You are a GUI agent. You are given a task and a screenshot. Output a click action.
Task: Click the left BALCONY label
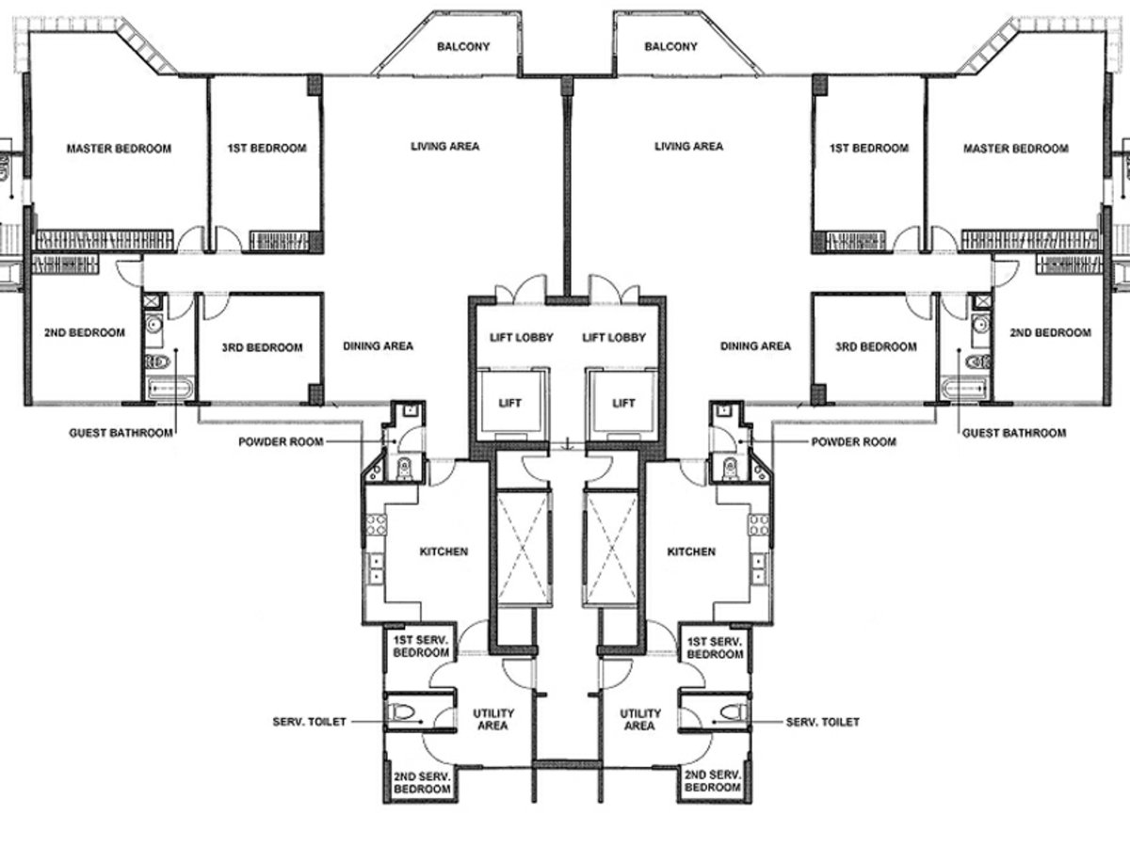[464, 47]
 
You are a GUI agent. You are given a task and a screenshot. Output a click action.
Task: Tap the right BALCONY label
[670, 47]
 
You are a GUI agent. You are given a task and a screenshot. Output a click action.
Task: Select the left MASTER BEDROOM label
[119, 149]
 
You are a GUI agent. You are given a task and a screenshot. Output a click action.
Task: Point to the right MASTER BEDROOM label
[1015, 149]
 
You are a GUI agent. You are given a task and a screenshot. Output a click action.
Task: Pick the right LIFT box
[623, 403]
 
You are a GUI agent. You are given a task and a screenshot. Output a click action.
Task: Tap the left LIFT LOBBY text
[521, 337]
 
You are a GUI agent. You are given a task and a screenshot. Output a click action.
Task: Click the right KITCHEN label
[690, 551]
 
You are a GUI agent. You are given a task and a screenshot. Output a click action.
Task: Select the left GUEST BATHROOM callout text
[121, 433]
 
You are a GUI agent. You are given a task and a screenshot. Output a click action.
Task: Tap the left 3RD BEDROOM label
[262, 347]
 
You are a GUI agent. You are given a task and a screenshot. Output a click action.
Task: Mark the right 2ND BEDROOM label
[1050, 333]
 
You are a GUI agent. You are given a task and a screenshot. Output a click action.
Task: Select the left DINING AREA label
[378, 346]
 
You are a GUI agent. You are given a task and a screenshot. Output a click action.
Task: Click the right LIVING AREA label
[688, 147]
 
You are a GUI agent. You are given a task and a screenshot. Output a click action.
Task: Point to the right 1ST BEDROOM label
[868, 149]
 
